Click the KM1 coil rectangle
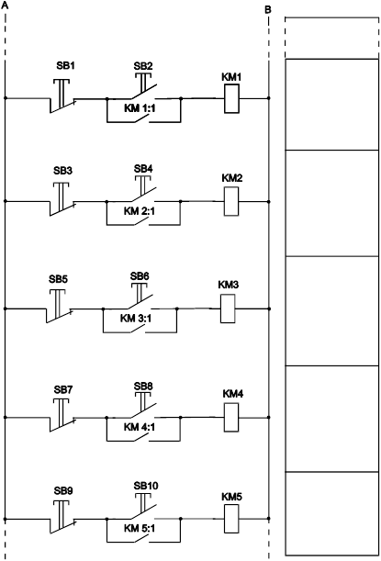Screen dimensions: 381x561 pos(231,99)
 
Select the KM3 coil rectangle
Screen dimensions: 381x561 pos(228,309)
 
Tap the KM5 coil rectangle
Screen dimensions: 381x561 pos(231,519)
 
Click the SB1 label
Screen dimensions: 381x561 pos(65,66)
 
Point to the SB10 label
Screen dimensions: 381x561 pos(146,486)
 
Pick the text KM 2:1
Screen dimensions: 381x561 pos(140,211)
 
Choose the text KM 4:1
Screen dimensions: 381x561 pos(140,427)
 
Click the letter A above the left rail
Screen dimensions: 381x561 pos(5,6)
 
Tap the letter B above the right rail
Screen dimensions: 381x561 pos(268,10)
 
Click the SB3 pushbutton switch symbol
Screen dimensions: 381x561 pos(62,199)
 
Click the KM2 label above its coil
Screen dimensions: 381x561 pos(232,178)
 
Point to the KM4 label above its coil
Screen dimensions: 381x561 pos(233,394)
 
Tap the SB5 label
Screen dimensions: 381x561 pos(58,279)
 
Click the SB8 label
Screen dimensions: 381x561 pos(143,387)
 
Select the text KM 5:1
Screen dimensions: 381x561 pos(140,528)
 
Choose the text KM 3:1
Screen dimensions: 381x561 pos(136,318)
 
